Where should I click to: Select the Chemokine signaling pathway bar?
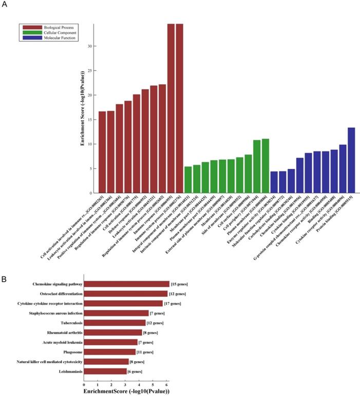click(126, 284)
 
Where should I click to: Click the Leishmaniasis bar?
click(105, 371)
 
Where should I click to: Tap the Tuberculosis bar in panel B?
click(115, 323)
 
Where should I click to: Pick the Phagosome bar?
click(109, 351)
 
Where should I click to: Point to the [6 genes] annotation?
click(134, 371)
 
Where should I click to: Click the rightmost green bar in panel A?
click(266, 166)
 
